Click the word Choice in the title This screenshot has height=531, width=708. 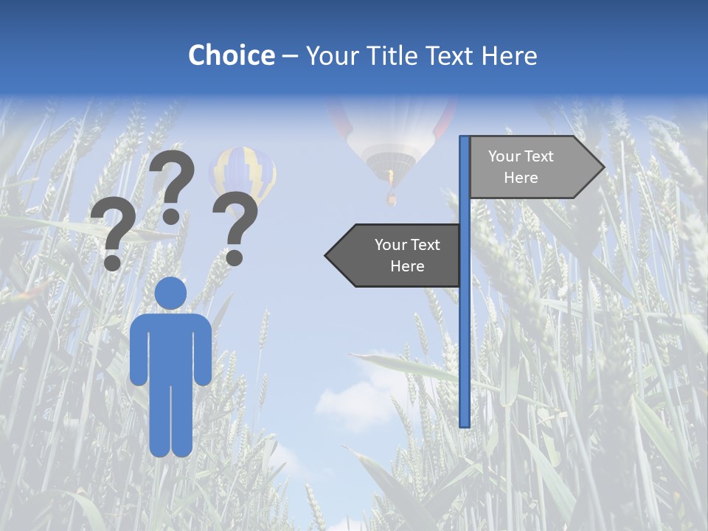[231, 55]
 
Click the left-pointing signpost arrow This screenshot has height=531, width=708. [395, 256]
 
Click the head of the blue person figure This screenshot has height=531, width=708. [171, 293]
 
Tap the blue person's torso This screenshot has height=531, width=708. [171, 347]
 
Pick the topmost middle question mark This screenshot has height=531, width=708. [172, 184]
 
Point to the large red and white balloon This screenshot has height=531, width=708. [391, 133]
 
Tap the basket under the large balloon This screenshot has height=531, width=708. [392, 198]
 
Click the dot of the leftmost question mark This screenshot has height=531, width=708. [112, 263]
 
